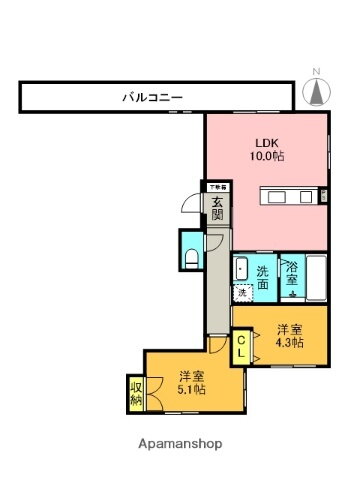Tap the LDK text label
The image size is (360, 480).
(263, 141)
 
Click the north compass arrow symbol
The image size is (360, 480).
(316, 92)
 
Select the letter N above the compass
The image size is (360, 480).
(316, 71)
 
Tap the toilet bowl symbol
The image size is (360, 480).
(192, 258)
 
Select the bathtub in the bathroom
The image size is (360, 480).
(317, 279)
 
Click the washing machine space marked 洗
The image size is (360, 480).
(242, 293)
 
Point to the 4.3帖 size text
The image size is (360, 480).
(290, 343)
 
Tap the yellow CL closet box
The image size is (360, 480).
(243, 347)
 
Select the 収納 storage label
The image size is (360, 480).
(135, 393)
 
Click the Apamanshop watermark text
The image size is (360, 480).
(180, 443)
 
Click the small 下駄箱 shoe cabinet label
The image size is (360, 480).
(218, 187)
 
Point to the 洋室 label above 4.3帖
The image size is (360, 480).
(290, 329)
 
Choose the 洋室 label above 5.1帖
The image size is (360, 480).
(193, 377)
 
